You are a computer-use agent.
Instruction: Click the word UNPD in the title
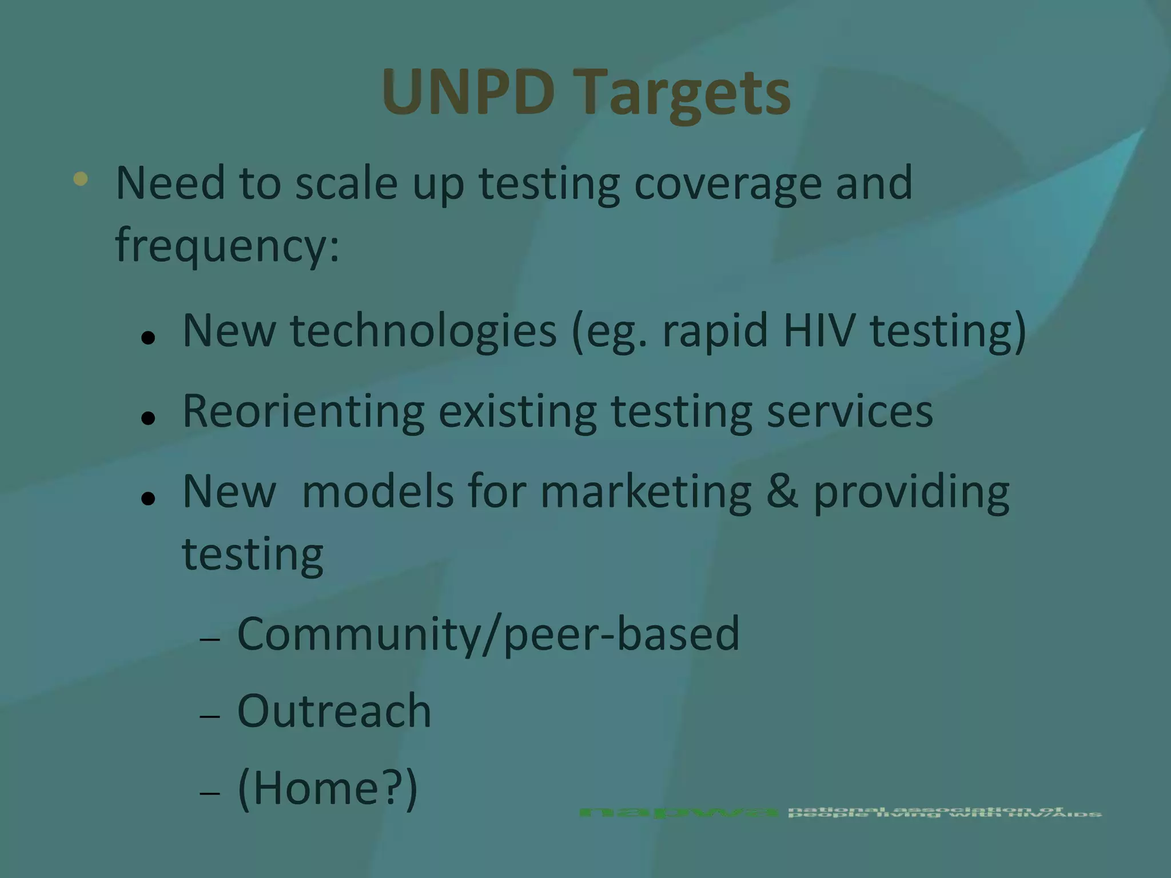click(x=468, y=91)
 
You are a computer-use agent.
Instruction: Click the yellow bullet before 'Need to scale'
click(x=81, y=179)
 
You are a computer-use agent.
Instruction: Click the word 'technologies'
click(x=423, y=333)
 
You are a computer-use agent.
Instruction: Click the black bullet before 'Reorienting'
click(x=148, y=418)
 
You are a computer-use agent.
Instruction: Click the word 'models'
click(x=377, y=492)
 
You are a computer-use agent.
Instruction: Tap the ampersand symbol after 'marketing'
click(x=782, y=492)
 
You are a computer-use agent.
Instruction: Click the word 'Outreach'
click(x=334, y=711)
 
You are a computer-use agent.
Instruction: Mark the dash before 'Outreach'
click(x=210, y=716)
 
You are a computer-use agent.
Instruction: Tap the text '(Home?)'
click(x=327, y=789)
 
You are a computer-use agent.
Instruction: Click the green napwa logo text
click(x=678, y=812)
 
